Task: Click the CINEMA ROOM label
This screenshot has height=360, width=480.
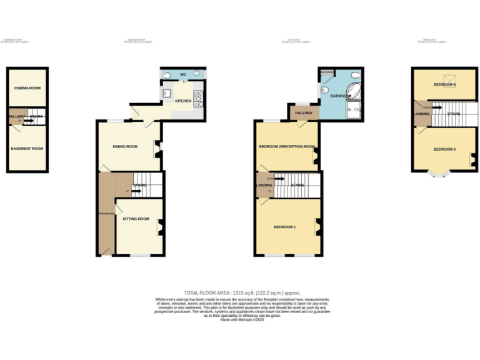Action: click(27, 88)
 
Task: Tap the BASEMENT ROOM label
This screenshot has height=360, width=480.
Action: click(27, 148)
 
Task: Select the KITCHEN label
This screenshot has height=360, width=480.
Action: click(182, 101)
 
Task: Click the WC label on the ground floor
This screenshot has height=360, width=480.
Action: click(183, 74)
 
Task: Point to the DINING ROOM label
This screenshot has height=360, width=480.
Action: click(125, 146)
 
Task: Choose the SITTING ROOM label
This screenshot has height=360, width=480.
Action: click(136, 219)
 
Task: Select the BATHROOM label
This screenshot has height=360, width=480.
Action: click(341, 96)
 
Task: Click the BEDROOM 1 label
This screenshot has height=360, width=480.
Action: click(284, 226)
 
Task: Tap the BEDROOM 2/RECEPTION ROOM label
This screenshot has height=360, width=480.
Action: click(287, 146)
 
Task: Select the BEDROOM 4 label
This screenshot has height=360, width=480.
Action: click(444, 84)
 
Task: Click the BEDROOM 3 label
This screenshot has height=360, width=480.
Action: click(444, 149)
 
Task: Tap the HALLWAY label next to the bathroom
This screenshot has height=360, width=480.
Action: click(303, 112)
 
